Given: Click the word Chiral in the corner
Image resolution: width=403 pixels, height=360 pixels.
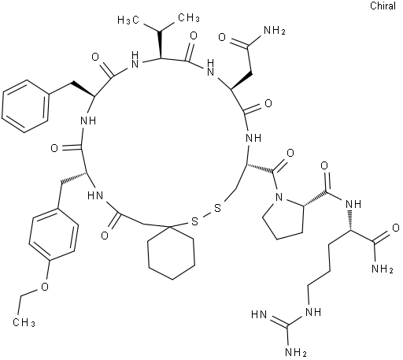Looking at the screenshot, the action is point(383,6).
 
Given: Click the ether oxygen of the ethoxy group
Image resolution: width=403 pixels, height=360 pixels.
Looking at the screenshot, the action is point(45,287).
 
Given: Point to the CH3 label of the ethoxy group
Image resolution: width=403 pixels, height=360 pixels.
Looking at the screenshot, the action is point(24,322).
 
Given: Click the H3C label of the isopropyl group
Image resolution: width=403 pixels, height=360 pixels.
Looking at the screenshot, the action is point(128,20).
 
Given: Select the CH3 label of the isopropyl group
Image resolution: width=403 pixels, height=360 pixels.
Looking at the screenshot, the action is point(189,18).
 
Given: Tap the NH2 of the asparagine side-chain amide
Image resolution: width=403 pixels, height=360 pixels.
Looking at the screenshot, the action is point(275,31).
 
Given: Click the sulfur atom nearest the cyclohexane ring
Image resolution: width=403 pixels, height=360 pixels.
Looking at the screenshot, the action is point(194,221).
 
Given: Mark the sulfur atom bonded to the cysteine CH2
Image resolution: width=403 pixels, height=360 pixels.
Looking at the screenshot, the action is point(217,209).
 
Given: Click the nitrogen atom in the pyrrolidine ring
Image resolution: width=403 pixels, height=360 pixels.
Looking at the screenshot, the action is point(279,197).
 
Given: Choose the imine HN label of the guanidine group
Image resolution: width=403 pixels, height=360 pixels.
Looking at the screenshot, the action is point(259,314).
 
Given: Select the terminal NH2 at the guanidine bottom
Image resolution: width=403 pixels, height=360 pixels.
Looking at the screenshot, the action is point(295,352).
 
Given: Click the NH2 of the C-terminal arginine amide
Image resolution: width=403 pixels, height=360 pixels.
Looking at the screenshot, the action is point(382,269).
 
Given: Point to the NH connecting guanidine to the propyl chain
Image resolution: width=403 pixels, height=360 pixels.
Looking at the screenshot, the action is point(312,312).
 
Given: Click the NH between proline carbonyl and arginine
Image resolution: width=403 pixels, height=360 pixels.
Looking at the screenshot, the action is point(353,203).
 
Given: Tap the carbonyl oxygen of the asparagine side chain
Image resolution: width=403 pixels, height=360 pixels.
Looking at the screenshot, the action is point(222,37).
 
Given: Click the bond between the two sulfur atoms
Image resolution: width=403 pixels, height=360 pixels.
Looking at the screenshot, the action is point(206,215).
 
